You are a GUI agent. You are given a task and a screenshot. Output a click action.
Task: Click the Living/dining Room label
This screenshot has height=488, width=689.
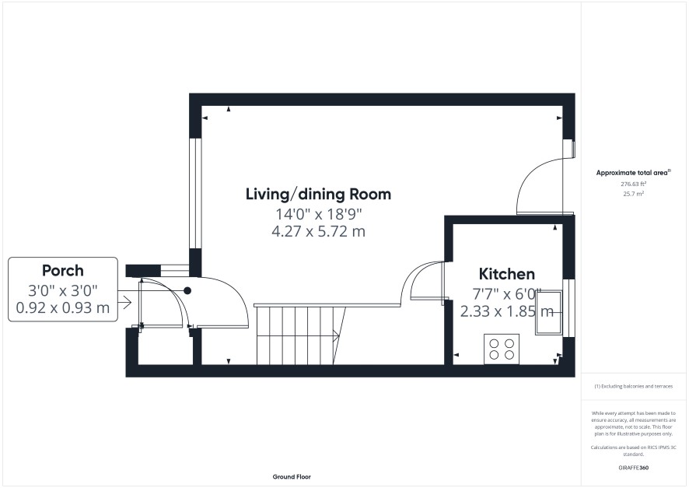pyautogui.click(x=318, y=195)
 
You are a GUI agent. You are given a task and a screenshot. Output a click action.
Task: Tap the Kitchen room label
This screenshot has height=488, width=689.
pyautogui.click(x=507, y=274)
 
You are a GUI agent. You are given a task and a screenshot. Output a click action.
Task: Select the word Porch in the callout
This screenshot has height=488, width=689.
pyautogui.click(x=63, y=270)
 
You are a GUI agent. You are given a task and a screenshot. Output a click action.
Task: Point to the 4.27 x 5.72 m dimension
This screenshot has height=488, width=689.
pyautogui.click(x=318, y=231)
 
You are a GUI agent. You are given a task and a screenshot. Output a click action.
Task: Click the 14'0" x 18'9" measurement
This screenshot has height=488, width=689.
pyautogui.click(x=318, y=214)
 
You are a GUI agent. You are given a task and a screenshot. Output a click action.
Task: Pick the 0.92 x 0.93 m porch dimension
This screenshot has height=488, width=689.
pyautogui.click(x=63, y=307)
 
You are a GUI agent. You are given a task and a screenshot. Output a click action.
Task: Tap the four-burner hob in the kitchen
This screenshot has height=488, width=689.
pyautogui.click(x=502, y=349)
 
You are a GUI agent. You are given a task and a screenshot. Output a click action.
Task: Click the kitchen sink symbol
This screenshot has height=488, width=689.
pyautogui.click(x=548, y=313)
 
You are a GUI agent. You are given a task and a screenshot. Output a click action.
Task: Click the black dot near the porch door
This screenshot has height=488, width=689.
pyautogui.click(x=187, y=290)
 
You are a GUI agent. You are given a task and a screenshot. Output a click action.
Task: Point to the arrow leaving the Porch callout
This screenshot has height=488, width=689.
pyautogui.click(x=124, y=302)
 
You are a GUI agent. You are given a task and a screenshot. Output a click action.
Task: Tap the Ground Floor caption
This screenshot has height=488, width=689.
pyautogui.click(x=292, y=476)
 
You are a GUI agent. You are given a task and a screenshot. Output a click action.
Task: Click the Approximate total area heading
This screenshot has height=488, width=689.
pyautogui.click(x=633, y=173)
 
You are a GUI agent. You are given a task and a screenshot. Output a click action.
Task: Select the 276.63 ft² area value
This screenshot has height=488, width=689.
pyautogui.click(x=633, y=184)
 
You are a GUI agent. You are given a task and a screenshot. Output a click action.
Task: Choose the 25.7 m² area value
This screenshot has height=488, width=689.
pyautogui.click(x=633, y=194)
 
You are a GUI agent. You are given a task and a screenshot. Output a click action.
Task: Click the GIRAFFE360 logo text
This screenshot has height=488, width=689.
pyautogui.click(x=633, y=468)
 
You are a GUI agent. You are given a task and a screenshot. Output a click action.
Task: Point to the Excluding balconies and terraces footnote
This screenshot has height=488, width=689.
pyautogui.click(x=633, y=387)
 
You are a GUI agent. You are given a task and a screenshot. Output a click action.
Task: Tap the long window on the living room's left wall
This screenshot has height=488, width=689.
pyautogui.click(x=195, y=194)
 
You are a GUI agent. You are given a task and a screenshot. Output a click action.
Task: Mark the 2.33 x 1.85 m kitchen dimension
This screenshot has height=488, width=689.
pyautogui.click(x=507, y=311)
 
